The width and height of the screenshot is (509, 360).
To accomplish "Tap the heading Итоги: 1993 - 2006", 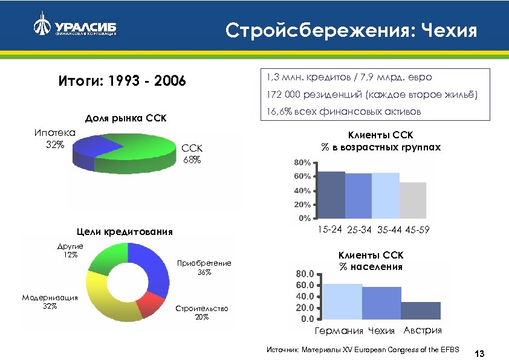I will [122, 81].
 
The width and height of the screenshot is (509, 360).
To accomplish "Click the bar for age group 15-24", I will [331, 194].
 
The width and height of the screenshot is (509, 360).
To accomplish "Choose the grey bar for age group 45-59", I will [412, 200].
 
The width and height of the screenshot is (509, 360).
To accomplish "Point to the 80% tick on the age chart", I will [302, 164].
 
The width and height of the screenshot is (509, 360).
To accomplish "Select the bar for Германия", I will [342, 301].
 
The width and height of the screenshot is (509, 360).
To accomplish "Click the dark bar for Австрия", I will [420, 310].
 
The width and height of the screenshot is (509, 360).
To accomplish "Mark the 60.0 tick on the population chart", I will [305, 284].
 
